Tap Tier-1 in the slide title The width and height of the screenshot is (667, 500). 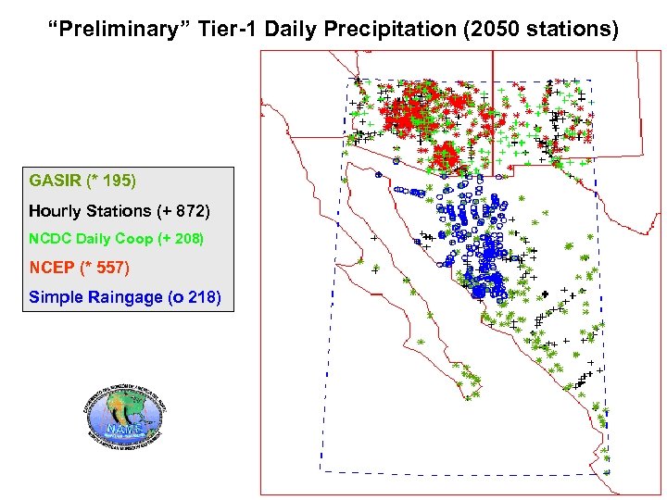click(224, 30)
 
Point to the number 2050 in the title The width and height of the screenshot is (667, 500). click(501, 30)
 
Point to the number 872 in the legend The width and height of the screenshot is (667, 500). click(190, 211)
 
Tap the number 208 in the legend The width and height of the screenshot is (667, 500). click(188, 239)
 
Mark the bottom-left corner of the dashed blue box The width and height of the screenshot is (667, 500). click(321, 471)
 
